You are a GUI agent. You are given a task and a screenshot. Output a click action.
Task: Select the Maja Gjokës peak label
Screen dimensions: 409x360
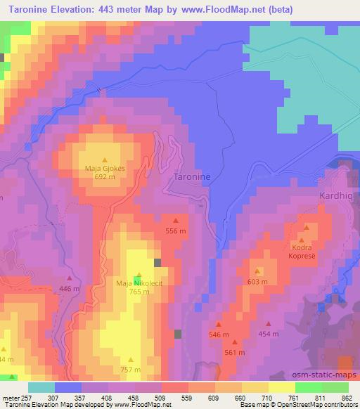pos(105,169)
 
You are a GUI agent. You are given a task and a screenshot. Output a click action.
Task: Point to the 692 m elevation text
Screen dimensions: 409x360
pos(105,176)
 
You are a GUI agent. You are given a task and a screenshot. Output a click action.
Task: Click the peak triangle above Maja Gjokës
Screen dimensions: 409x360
pos(105,160)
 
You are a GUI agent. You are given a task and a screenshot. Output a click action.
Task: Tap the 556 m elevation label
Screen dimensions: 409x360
pos(176,231)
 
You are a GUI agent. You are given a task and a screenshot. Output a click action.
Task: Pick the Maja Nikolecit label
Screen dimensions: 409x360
pos(139,283)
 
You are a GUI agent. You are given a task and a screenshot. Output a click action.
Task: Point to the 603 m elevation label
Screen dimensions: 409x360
pos(257,281)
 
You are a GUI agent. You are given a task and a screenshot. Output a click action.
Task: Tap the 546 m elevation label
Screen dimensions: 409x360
pos(219,335)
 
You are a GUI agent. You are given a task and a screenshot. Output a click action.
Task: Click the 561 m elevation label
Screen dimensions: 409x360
pos(234,352)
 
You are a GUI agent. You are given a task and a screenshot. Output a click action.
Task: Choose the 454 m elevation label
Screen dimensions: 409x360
pos(268,334)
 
